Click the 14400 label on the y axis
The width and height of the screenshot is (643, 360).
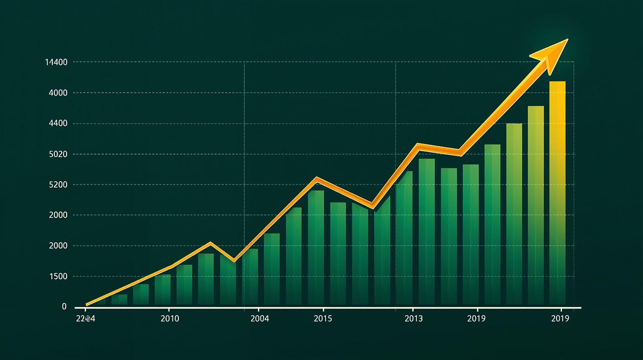click(56, 62)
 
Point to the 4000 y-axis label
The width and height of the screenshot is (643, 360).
click(58, 93)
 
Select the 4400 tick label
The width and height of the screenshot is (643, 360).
click(58, 123)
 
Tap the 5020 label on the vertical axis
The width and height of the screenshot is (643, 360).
click(58, 154)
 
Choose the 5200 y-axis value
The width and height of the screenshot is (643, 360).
click(58, 185)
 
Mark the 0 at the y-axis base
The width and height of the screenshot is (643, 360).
click(64, 307)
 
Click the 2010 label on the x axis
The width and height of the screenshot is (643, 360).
click(170, 319)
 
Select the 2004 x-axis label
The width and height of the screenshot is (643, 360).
click(260, 319)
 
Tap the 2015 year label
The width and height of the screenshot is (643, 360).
click(323, 319)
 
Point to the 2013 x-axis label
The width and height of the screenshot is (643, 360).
click(414, 319)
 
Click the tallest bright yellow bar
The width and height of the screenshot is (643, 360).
click(557, 193)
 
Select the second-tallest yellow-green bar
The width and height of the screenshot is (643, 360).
click(536, 205)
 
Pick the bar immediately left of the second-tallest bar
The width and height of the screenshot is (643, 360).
click(514, 213)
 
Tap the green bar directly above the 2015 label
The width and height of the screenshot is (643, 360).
click(316, 247)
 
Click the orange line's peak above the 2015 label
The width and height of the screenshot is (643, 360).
click(317, 178)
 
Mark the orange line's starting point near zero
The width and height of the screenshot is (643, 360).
click(87, 305)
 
